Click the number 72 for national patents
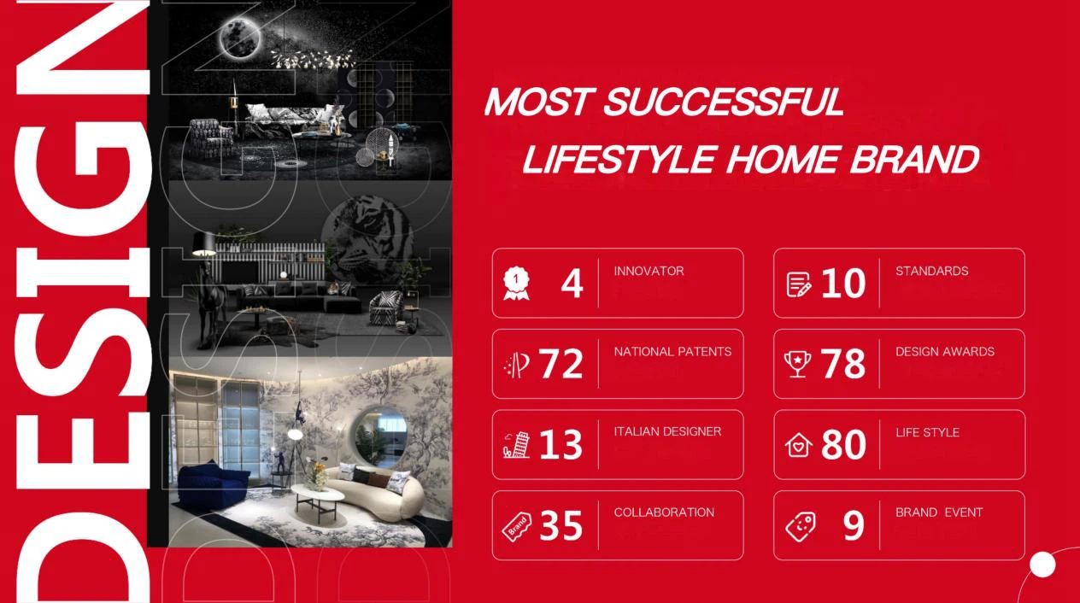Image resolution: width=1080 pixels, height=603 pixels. click(561, 364)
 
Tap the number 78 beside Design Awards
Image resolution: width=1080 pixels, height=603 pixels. click(842, 364)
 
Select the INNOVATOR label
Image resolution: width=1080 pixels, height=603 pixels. click(649, 271)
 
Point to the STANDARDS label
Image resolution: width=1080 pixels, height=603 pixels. click(931, 271)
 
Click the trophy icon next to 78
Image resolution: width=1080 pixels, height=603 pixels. click(797, 364)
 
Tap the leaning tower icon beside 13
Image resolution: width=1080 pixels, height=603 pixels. click(516, 444)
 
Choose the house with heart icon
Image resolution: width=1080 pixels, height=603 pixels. click(798, 444)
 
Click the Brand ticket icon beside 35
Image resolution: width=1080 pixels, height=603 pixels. click(517, 526)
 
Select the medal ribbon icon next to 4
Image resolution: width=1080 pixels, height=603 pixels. click(516, 284)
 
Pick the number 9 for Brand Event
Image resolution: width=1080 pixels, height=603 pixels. click(854, 525)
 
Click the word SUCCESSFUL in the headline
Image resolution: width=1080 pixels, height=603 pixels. click(724, 102)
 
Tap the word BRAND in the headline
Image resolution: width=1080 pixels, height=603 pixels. click(915, 159)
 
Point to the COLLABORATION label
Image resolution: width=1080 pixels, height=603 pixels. click(664, 512)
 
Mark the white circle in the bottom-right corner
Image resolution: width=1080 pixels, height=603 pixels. click(1043, 565)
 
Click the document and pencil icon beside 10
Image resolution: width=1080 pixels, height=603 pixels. click(798, 284)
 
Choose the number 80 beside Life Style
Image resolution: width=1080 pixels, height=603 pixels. click(843, 444)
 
